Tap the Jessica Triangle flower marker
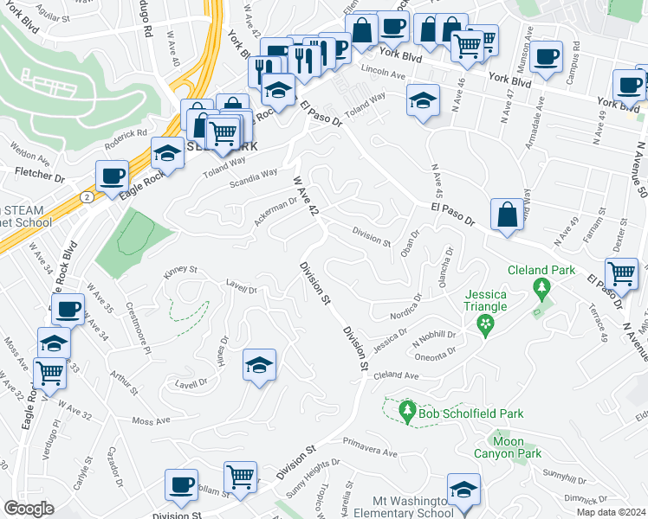pyautogui.click(x=485, y=324)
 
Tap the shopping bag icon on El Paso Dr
pyautogui.click(x=507, y=215)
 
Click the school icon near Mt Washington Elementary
pyautogui.click(x=463, y=490)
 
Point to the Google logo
pyautogui.click(x=28, y=509)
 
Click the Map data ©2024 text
pyautogui.click(x=611, y=512)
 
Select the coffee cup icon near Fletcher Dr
pyautogui.click(x=112, y=176)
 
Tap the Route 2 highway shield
pyautogui.click(x=89, y=197)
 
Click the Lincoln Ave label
pyautogui.click(x=385, y=74)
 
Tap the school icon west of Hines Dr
pyautogui.click(x=258, y=365)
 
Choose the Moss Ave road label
pyautogui.click(x=151, y=421)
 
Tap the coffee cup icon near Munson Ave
pyautogui.click(x=546, y=57)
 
